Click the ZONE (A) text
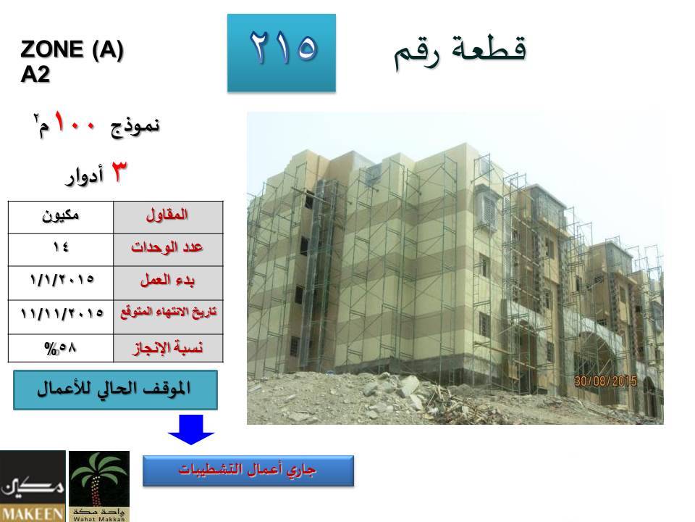click(72, 49)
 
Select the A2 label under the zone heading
click(35, 75)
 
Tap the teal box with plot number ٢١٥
click(282, 53)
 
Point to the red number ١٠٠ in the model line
click(75, 123)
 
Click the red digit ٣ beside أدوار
click(118, 172)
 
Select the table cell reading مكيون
click(61, 217)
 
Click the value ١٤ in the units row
click(61, 246)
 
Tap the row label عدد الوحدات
click(167, 246)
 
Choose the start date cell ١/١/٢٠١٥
click(62, 280)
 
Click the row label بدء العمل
click(167, 281)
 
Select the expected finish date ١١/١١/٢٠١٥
click(62, 314)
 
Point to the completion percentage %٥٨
click(61, 348)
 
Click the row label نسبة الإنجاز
click(167, 347)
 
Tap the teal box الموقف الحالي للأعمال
click(115, 390)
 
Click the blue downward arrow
click(191, 429)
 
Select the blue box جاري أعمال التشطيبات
click(248, 471)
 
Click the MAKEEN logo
click(33, 486)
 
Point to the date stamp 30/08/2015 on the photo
click(605, 381)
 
